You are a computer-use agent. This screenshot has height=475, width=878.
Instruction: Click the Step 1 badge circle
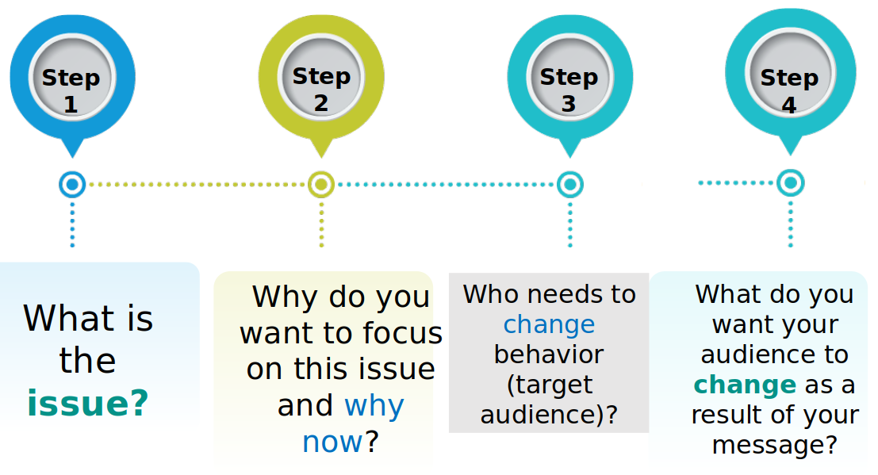[72, 77]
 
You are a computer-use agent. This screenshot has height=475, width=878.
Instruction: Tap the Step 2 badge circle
[321, 76]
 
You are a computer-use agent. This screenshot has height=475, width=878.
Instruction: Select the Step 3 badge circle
[569, 77]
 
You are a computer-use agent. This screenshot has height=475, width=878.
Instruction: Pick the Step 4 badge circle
[790, 74]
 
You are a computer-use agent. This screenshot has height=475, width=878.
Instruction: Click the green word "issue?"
[88, 404]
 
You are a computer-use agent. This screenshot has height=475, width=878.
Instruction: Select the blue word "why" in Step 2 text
[374, 405]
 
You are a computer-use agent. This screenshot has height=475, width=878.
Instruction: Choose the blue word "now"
[332, 442]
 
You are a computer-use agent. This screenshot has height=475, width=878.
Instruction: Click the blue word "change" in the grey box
[549, 325]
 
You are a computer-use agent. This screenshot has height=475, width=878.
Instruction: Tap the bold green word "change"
[745, 385]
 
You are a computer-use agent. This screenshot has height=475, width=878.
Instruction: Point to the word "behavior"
[549, 354]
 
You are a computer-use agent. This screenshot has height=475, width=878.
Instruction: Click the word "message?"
[775, 446]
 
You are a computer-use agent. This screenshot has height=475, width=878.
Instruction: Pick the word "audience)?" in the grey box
[549, 415]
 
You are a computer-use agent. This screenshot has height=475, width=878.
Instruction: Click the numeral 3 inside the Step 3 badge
[569, 104]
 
